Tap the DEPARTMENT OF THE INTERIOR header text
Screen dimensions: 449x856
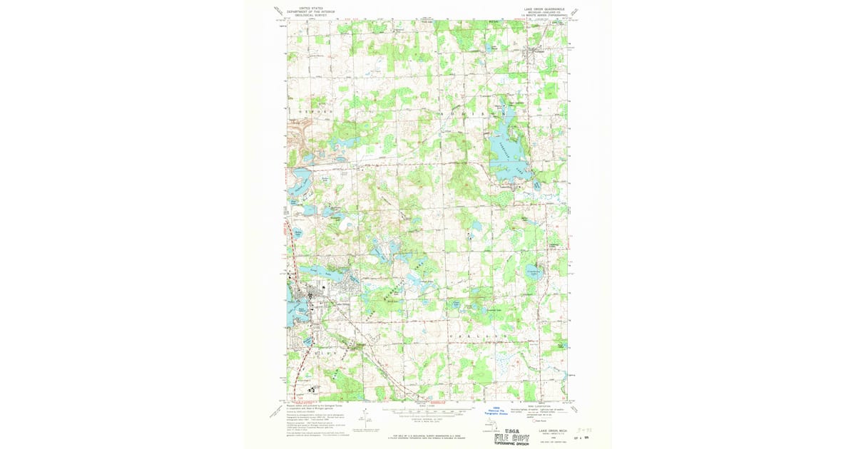coord(310,11)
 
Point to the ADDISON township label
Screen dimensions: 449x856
coord(474,113)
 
